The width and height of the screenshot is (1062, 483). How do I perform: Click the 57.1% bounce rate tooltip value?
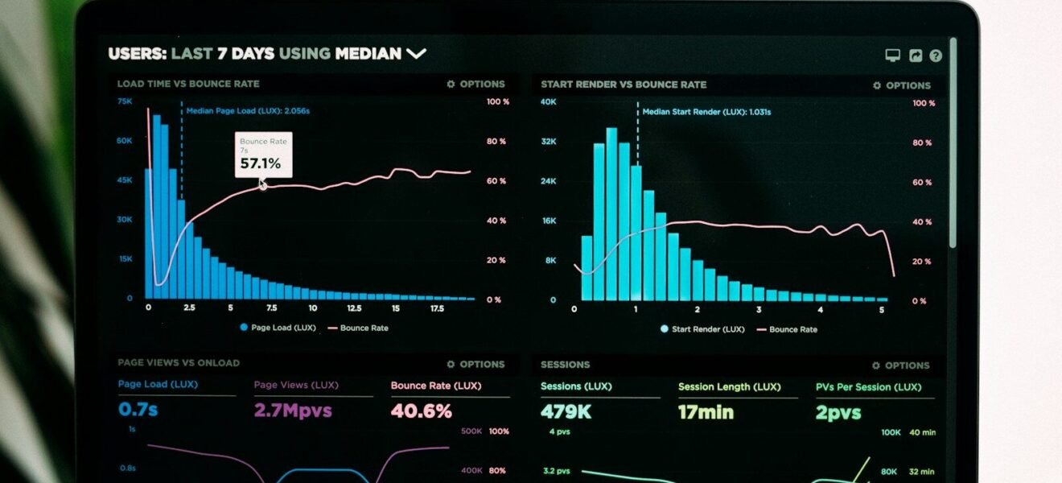coord(261,163)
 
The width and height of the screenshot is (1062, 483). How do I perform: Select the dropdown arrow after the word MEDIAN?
coord(416,54)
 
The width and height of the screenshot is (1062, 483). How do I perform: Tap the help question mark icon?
coord(936,56)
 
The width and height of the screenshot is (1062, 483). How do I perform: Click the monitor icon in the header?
coord(892,56)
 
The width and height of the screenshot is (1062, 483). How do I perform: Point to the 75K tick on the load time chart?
coord(125,101)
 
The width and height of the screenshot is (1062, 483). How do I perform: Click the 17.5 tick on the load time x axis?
coord(437,308)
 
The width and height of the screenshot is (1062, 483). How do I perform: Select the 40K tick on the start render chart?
coord(548,102)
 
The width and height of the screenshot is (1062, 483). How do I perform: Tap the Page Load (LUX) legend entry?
coord(278,328)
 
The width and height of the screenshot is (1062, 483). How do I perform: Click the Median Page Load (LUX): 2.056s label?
coord(248,111)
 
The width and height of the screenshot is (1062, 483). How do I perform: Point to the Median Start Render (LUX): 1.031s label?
coord(706,112)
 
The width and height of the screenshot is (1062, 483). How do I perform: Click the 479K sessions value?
coord(566,412)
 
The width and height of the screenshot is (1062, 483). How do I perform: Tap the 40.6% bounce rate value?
coord(422,411)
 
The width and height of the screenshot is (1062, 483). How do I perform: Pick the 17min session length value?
coord(706,412)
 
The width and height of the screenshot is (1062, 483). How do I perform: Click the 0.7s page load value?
coord(138,410)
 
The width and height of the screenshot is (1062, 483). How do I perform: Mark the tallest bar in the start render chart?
coord(611,213)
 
